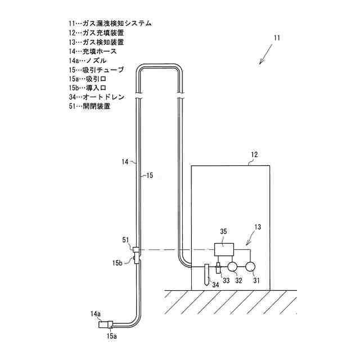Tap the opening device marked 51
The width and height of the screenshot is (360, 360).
click(136, 249)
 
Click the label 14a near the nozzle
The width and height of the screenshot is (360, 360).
click(95, 313)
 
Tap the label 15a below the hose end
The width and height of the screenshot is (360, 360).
click(111, 336)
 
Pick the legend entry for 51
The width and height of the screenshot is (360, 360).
click(88, 106)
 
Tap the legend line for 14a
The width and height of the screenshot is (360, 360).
click(85, 60)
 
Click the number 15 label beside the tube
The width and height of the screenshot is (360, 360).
click(146, 175)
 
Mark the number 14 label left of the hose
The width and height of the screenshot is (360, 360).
click(125, 162)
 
